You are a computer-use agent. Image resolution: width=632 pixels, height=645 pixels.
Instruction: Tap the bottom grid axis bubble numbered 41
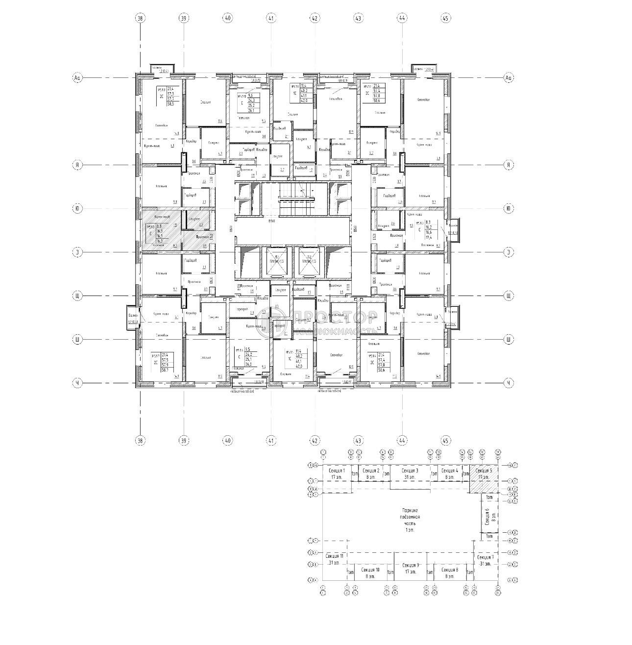271,441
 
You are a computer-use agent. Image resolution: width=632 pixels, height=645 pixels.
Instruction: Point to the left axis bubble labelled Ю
77,209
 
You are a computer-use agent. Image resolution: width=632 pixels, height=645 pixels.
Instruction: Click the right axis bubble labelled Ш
509,339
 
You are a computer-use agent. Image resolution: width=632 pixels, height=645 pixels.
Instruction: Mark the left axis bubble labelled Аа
77,78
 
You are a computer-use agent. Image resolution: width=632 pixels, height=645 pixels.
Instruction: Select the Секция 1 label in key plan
336,473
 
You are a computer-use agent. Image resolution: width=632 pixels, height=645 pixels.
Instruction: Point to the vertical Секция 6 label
487,518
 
